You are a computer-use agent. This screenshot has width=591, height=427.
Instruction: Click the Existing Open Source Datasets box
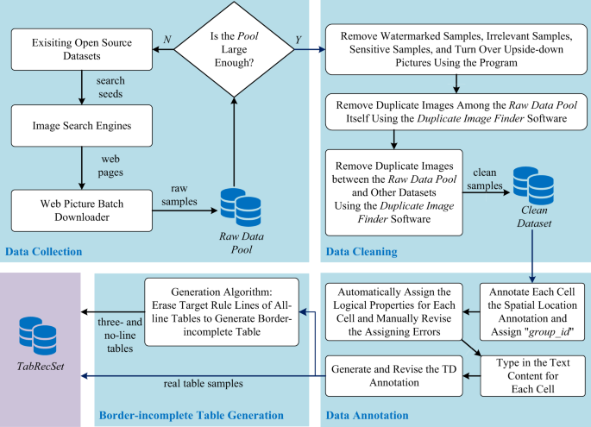[82, 49]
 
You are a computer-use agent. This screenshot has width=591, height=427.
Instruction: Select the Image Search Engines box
[82, 125]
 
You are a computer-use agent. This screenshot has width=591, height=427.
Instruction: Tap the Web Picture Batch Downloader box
[82, 210]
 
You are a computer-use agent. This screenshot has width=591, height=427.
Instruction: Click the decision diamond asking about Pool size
[234, 49]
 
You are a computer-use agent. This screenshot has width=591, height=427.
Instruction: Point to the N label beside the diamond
[167, 39]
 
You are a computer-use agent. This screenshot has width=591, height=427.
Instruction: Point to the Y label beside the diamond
[299, 40]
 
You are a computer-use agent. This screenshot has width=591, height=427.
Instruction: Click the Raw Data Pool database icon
[241, 207]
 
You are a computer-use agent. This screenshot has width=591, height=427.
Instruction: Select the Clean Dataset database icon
[533, 185]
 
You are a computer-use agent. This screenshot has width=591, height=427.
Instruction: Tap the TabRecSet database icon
[38, 336]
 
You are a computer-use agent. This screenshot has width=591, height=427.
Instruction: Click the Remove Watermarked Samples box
[456, 49]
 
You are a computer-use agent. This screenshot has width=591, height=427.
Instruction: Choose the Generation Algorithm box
[222, 312]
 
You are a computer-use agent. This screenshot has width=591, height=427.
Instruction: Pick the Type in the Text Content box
[532, 376]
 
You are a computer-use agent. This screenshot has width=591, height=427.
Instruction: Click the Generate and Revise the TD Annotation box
[394, 376]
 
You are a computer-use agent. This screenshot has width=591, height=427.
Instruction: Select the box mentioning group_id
[532, 312]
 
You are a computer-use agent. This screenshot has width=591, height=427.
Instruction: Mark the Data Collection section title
[44, 251]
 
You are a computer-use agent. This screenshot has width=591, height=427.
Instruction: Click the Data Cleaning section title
[362, 251]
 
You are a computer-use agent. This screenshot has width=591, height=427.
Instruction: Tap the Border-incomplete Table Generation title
[191, 415]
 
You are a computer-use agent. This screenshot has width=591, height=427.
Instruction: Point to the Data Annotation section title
[368, 415]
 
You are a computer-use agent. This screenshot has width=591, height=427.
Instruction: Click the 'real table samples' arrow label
[203, 384]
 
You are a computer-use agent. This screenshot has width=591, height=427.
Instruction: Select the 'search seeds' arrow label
[110, 87]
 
